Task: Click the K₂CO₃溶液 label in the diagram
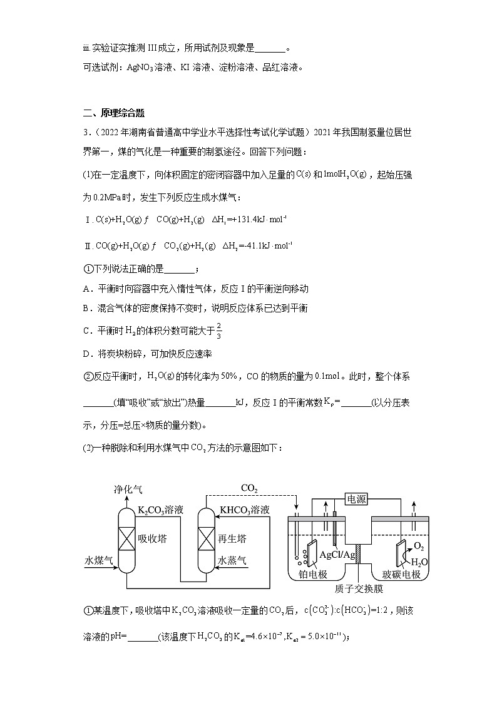click(161, 510)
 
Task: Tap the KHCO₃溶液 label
click(245, 510)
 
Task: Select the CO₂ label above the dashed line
click(250, 488)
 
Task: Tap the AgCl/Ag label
click(338, 555)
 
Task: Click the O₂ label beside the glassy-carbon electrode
click(421, 546)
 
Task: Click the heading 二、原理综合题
click(113, 113)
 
